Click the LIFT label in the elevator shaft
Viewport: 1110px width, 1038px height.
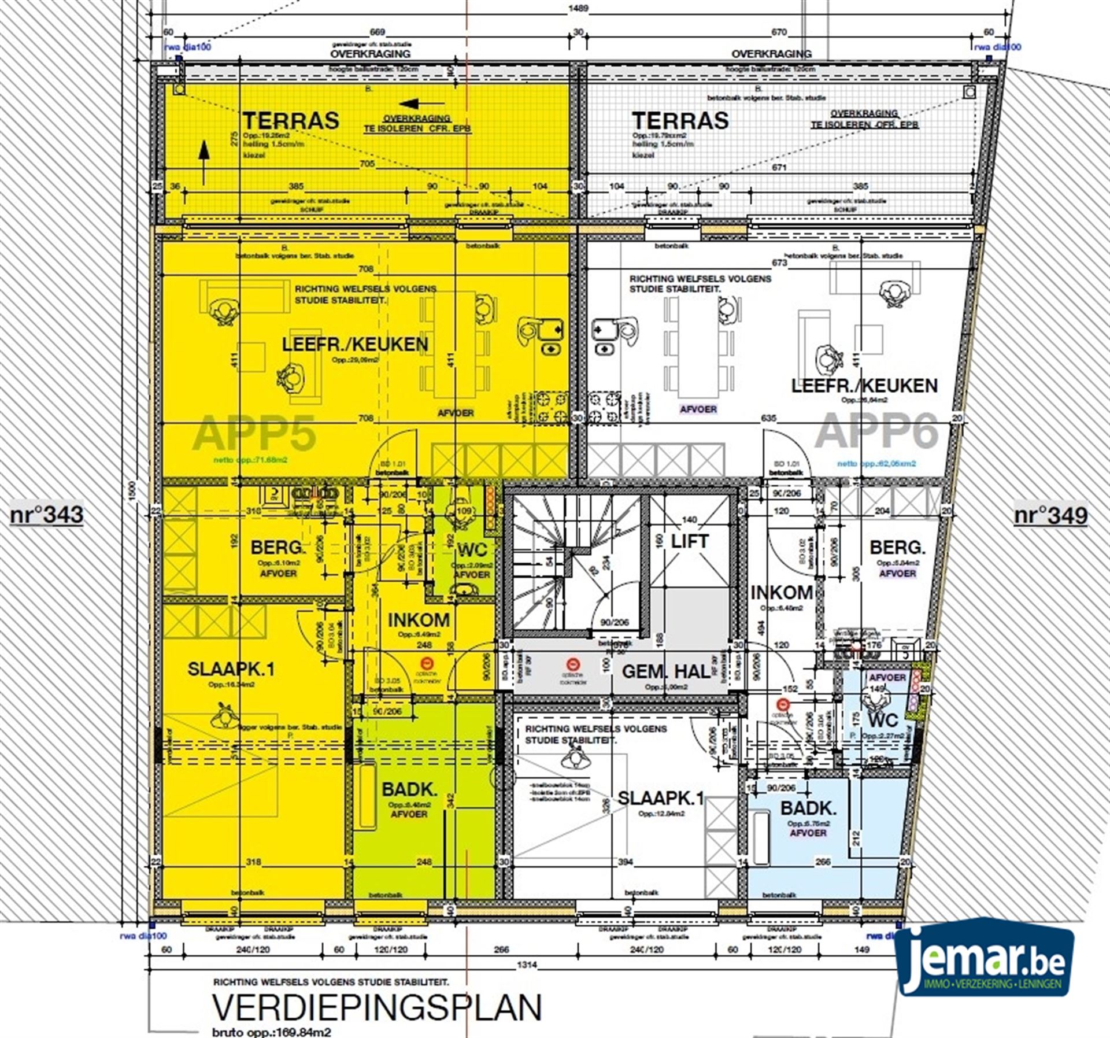coord(689,541)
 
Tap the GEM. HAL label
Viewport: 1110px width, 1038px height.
coord(666,671)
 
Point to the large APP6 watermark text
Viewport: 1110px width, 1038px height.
coord(876,431)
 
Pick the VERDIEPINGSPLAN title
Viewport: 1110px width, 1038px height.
coord(377,1008)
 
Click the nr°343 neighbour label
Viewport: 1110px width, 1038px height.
coord(46,515)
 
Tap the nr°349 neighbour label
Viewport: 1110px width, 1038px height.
coord(1050,515)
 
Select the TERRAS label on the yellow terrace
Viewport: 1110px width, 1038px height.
coord(290,121)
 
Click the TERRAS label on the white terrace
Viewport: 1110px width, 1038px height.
coord(680,121)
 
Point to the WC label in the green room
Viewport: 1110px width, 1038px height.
coord(472,549)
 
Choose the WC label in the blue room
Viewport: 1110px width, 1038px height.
coord(883,720)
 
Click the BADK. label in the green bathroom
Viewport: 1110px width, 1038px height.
coord(409,789)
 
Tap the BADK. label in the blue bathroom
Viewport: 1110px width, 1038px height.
coord(808,808)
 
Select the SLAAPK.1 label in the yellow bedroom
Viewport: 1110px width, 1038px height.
coord(231,670)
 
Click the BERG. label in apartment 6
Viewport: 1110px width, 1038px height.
coord(897,547)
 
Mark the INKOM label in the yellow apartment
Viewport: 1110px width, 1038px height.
coord(419,620)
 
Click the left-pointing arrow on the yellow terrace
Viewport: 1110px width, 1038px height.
coord(416,104)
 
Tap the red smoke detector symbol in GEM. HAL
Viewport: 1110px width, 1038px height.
coord(572,664)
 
